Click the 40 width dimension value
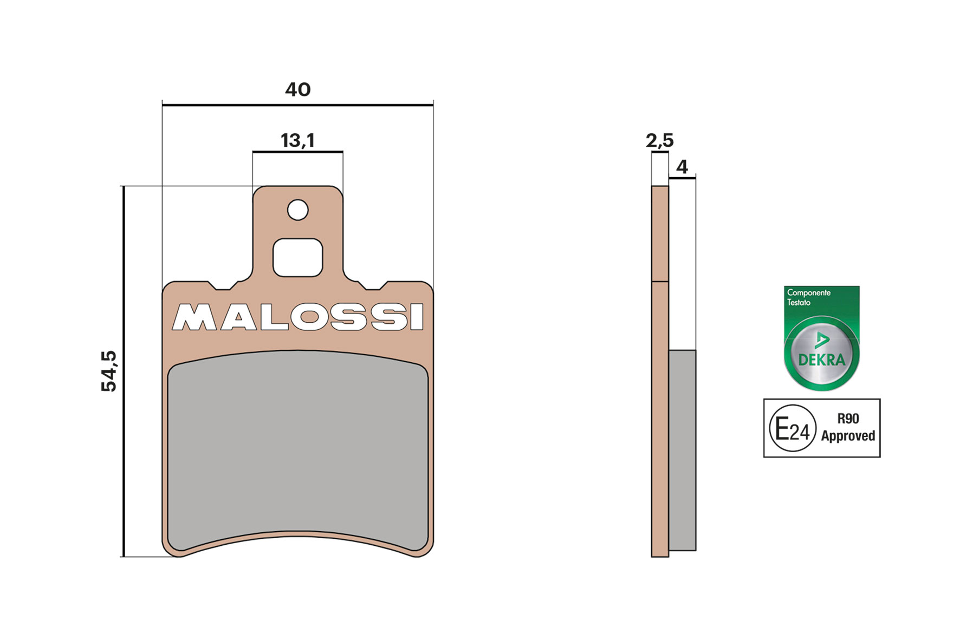point(297,89)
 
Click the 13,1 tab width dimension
point(297,140)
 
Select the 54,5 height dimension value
point(109,371)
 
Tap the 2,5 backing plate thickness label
point(659,141)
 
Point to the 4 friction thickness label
point(682,166)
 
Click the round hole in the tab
point(297,210)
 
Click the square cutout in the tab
point(297,257)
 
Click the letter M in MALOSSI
point(194,317)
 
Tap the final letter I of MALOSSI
point(417,317)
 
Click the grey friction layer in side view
point(682,449)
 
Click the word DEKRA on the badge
point(821,360)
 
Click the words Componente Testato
point(808,297)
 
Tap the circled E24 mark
point(792,428)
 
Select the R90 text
point(848,419)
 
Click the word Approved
point(848,436)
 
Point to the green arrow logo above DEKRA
point(821,341)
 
